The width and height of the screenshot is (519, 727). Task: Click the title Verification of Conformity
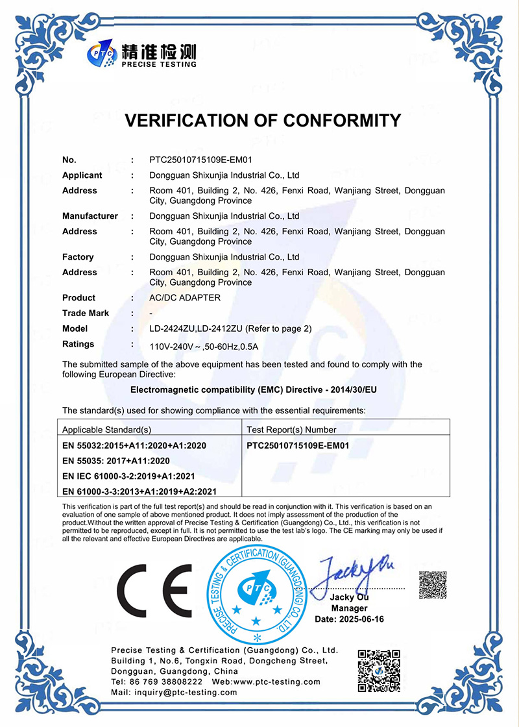[262, 121]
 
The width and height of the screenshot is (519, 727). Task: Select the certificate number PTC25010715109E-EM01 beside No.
[200, 160]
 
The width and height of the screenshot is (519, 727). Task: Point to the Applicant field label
[82, 175]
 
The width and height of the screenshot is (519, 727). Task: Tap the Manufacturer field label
[90, 216]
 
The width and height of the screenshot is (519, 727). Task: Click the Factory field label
[78, 257]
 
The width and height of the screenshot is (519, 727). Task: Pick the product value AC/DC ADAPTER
[185, 298]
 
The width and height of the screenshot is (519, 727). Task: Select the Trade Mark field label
[86, 314]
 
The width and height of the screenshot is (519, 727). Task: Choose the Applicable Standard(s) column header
[106, 430]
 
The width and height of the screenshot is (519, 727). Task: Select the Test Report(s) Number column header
[292, 430]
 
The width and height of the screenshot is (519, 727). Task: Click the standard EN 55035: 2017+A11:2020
[115, 461]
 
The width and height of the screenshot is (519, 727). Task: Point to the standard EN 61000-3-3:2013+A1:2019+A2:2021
[139, 492]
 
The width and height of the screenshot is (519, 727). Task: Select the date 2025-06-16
[349, 619]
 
